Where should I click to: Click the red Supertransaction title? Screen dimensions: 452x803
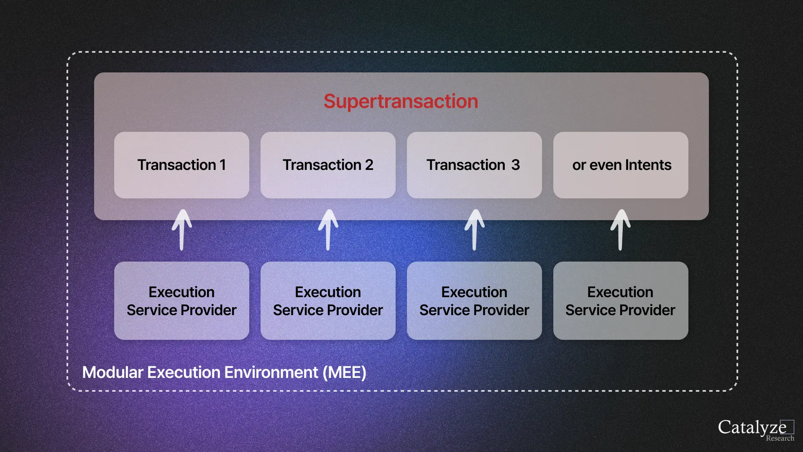click(401, 101)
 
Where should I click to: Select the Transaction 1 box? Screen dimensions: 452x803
click(182, 165)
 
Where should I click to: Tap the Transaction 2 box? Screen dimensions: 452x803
click(328, 165)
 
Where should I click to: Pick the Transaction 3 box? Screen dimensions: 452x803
click(474, 165)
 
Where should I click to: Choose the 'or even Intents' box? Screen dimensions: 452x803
click(621, 165)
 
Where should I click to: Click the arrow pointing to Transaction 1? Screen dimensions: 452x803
click(182, 230)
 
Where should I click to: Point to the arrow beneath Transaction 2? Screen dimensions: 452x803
click(328, 230)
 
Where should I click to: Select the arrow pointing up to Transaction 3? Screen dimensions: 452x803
click(474, 230)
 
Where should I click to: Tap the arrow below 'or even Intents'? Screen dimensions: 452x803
click(620, 230)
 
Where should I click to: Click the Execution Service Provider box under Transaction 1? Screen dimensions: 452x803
click(182, 300)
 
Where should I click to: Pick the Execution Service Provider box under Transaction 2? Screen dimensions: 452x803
click(328, 300)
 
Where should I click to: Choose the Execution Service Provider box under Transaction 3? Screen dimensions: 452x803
click(474, 300)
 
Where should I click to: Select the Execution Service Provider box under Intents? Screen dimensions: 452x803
click(621, 300)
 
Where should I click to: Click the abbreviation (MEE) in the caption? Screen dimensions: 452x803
click(344, 372)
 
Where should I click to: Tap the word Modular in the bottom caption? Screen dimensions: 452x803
click(113, 372)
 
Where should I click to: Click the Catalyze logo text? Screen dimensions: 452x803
click(752, 427)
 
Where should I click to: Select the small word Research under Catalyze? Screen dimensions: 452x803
click(780, 438)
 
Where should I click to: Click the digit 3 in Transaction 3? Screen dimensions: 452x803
click(515, 165)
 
